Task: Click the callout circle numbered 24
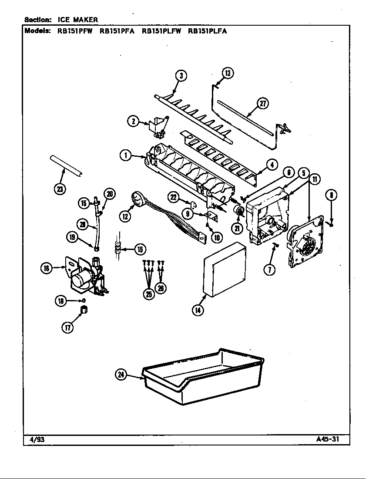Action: click(121, 374)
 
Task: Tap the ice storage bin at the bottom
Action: click(204, 375)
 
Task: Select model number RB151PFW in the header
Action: click(75, 31)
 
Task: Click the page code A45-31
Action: click(327, 439)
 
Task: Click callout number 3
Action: click(181, 76)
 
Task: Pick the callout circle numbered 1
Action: click(126, 155)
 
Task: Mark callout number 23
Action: click(60, 188)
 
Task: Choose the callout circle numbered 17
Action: click(67, 328)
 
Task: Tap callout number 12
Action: click(125, 216)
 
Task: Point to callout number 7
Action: click(269, 270)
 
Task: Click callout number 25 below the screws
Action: click(149, 293)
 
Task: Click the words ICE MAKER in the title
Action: click(78, 20)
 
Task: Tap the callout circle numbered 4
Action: click(272, 165)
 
